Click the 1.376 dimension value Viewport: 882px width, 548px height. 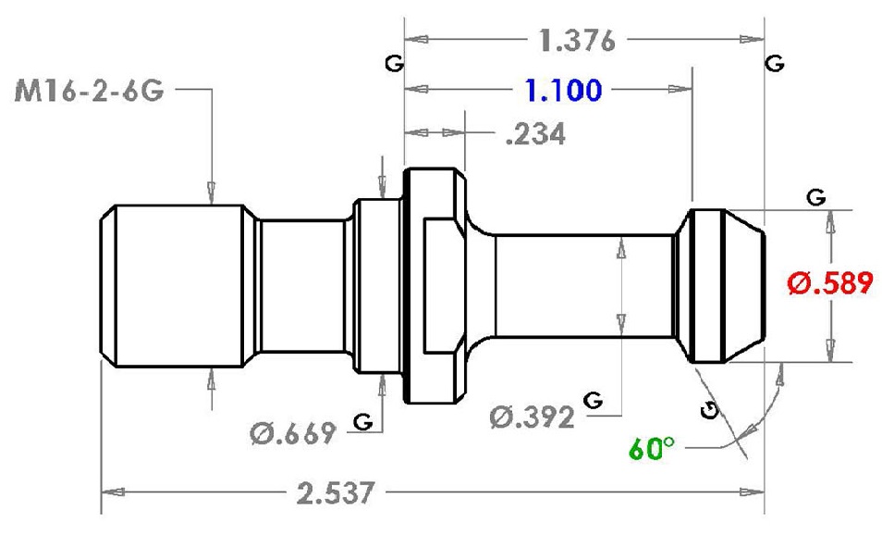[x=577, y=41]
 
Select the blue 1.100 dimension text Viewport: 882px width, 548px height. [x=563, y=90]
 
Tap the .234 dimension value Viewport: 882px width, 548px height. [x=535, y=134]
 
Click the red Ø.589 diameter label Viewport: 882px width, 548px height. [x=830, y=282]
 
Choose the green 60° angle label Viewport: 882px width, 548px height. [x=652, y=448]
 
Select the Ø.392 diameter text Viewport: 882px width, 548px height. [x=532, y=417]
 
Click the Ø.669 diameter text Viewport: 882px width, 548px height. [x=292, y=433]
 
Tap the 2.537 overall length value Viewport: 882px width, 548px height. [x=336, y=493]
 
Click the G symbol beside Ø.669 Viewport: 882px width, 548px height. [x=363, y=421]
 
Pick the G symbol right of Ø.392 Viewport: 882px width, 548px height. [x=593, y=401]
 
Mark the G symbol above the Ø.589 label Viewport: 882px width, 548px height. [x=816, y=197]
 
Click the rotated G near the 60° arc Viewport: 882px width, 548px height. [x=710, y=411]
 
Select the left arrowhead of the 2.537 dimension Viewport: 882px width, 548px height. [x=113, y=492]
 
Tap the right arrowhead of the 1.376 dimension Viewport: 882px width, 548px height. [x=752, y=39]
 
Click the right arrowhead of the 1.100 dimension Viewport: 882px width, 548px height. [x=680, y=89]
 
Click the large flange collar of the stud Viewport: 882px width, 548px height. [x=435, y=285]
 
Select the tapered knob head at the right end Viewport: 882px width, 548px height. [x=720, y=286]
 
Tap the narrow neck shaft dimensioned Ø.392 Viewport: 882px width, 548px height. [x=584, y=285]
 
